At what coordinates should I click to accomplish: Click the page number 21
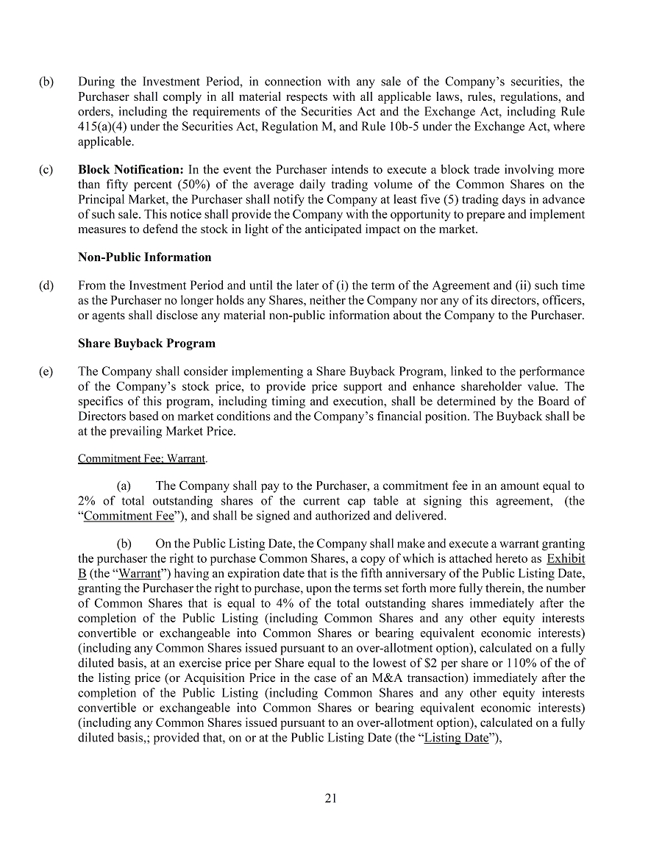[330, 799]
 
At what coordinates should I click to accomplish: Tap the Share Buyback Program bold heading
[146, 344]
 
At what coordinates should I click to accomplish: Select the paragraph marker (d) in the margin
[46, 285]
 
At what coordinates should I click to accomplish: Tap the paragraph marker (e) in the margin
[46, 371]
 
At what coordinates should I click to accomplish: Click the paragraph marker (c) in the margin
[46, 170]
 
